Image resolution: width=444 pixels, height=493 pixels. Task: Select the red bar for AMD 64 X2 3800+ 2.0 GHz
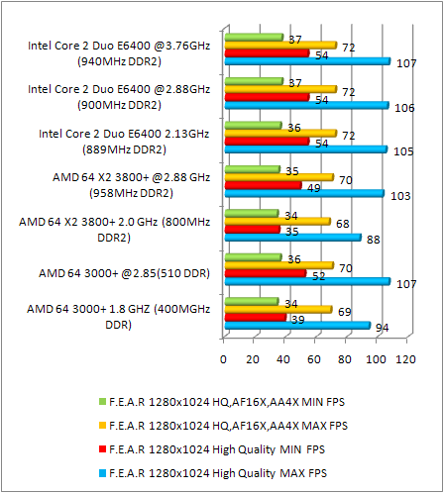click(253, 229)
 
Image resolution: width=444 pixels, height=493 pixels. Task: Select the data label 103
click(399, 196)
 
